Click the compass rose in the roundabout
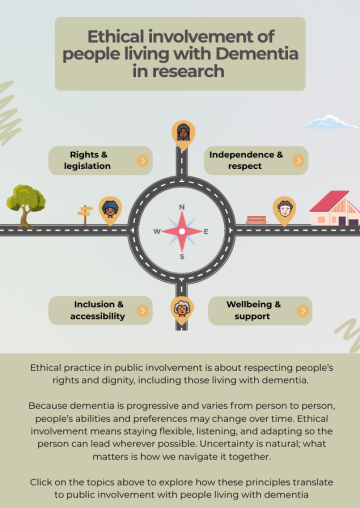point(181,231)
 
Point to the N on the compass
point(181,207)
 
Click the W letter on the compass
point(157,231)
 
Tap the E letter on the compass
point(206,231)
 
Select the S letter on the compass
point(181,256)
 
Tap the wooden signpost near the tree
point(84,212)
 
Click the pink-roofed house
point(334,208)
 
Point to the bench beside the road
point(256,218)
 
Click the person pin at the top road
point(182,132)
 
